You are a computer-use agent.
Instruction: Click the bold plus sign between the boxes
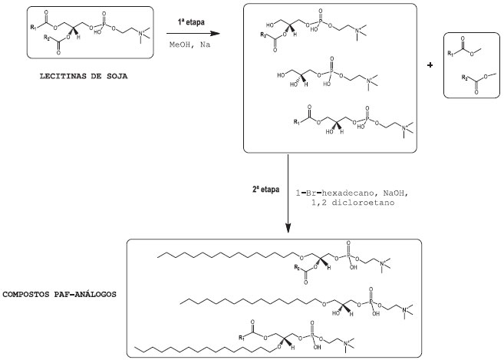click(x=430, y=65)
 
